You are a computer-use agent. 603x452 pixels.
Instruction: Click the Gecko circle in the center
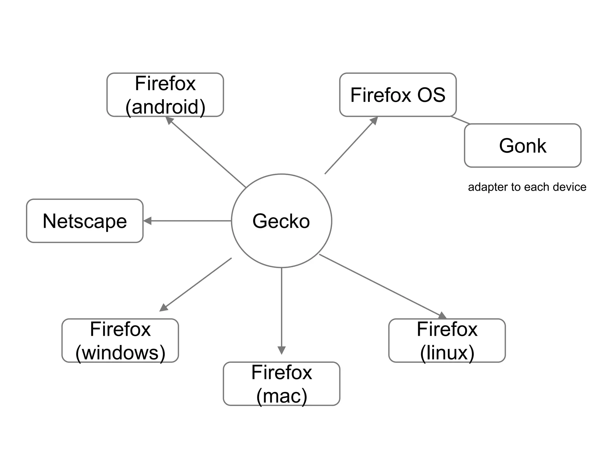281,221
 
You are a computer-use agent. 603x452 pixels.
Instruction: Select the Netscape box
85,221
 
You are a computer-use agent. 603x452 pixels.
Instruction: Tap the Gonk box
523,146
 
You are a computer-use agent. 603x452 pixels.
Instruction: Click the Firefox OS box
398,95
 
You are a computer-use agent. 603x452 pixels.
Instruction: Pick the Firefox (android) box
165,95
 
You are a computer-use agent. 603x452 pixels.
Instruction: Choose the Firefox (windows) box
120,340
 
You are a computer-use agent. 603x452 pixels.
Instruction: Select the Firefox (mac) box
281,384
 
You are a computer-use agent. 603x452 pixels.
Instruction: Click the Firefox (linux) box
447,340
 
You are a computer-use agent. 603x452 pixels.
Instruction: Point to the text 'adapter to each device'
527,187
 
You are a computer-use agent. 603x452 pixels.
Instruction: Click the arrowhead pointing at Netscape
147,221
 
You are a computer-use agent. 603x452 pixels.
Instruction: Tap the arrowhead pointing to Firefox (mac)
281,350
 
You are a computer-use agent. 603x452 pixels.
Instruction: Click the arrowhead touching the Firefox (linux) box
443,316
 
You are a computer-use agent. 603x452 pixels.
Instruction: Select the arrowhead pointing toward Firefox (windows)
163,308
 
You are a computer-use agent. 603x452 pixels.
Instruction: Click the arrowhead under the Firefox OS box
374,120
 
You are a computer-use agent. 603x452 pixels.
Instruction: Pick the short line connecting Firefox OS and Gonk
460,120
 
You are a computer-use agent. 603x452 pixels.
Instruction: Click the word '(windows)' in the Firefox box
120,353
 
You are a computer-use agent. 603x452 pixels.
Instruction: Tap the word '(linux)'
447,353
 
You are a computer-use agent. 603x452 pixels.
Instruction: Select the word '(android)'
165,107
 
